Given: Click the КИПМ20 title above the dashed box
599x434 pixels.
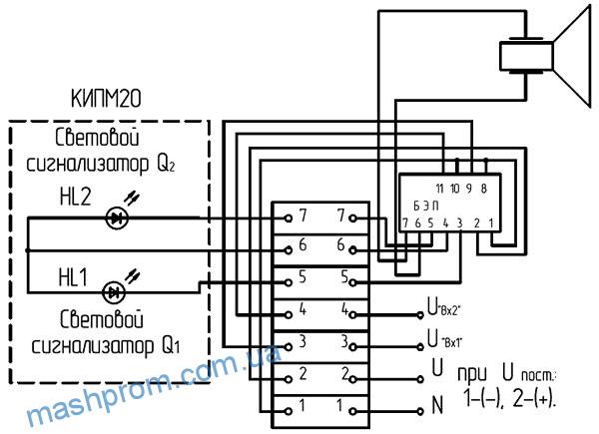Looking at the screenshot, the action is pyautogui.click(x=106, y=99).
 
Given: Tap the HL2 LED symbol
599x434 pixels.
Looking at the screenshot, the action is pyautogui.click(x=117, y=217).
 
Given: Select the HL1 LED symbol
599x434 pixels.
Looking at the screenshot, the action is pyautogui.click(x=114, y=292).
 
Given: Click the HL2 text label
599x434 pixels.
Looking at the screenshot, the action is pyautogui.click(x=75, y=197).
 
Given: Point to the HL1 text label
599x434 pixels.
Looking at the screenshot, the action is pyautogui.click(x=73, y=277).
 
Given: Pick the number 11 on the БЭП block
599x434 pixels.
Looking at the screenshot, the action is pyautogui.click(x=439, y=189).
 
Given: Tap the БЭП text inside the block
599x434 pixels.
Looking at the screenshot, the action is pyautogui.click(x=426, y=207).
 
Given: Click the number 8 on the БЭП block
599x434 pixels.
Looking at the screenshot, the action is pyautogui.click(x=483, y=189).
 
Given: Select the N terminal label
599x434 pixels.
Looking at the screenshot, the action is pyautogui.click(x=437, y=405).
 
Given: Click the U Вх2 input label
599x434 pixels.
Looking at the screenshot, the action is pyautogui.click(x=444, y=307).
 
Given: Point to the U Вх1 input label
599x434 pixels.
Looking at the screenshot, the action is pyautogui.click(x=444, y=339).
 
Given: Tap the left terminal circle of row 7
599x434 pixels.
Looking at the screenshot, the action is pyautogui.click(x=289, y=218).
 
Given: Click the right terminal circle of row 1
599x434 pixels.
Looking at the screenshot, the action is pyautogui.click(x=353, y=411).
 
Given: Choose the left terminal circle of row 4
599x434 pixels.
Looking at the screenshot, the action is pyautogui.click(x=289, y=315).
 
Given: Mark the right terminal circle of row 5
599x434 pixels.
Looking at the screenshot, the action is pyautogui.click(x=353, y=282).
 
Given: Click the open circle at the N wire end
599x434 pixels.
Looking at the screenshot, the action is pyautogui.click(x=420, y=411).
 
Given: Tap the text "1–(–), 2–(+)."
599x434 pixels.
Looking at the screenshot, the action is pyautogui.click(x=509, y=398).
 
